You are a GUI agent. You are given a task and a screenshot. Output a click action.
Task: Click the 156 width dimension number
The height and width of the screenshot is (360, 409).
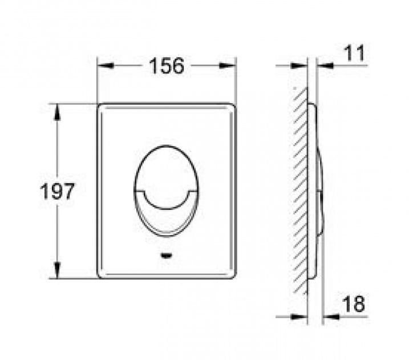[167, 66]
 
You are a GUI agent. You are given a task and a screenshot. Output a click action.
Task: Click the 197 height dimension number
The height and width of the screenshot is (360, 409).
[58, 191]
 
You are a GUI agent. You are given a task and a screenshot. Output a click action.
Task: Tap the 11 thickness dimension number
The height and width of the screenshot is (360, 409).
[354, 53]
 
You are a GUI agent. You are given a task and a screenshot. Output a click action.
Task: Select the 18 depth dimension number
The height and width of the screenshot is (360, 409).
[354, 304]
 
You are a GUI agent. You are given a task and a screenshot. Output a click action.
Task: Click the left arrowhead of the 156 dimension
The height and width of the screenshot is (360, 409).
[106, 66]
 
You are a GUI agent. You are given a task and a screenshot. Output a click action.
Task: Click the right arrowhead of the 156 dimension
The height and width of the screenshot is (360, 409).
[228, 66]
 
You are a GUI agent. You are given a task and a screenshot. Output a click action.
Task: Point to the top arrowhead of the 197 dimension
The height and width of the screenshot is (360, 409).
[57, 112]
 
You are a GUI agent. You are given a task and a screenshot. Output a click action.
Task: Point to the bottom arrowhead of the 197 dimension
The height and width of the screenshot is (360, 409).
[57, 270]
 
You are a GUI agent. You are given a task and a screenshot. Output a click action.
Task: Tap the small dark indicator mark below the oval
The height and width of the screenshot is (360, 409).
[166, 256]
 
